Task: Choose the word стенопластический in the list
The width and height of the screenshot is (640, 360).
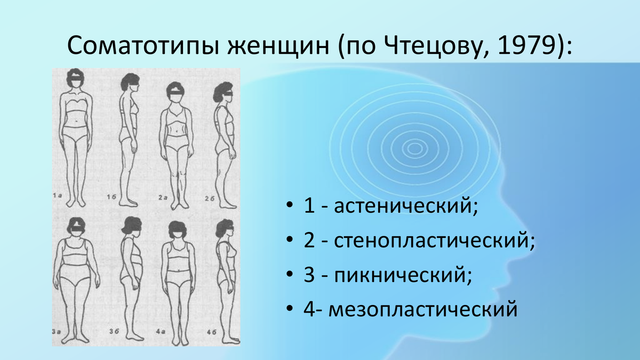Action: click(434, 241)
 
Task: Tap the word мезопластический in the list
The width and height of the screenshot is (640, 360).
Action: click(423, 310)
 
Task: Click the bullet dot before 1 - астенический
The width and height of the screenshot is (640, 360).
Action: click(289, 206)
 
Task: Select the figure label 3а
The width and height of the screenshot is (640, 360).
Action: click(56, 331)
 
